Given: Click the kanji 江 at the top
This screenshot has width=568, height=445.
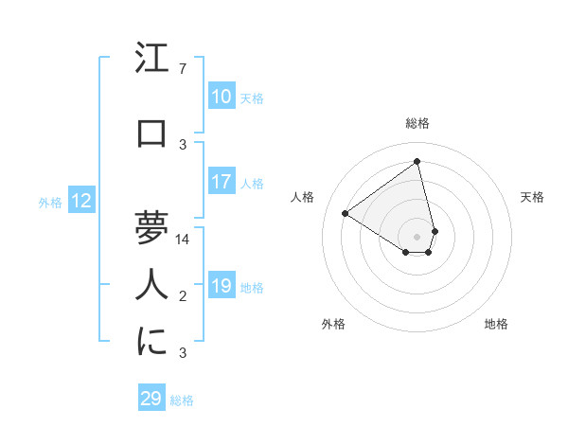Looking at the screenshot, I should tap(151, 60).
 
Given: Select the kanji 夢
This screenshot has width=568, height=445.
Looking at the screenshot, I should tap(151, 228).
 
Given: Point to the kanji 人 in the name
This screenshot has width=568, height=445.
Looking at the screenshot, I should tap(151, 285).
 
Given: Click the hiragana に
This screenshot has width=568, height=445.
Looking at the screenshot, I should tap(151, 342).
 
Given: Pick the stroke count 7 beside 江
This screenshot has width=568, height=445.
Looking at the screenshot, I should tap(183, 69).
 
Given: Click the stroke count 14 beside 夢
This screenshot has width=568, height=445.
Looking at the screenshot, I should tap(184, 240).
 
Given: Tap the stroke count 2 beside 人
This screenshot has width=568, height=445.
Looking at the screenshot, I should tap(183, 296).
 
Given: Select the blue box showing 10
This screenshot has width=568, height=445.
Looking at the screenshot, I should tap(222, 97).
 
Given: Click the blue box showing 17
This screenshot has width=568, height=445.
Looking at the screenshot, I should tap(222, 182).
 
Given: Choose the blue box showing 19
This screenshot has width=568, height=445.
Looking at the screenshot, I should tap(222, 286).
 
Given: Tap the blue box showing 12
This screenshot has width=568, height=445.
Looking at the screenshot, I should tap(81, 201).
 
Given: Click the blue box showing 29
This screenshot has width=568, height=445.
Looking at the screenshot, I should tap(151, 399).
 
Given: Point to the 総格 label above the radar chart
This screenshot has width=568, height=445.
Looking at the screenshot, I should tap(417, 123).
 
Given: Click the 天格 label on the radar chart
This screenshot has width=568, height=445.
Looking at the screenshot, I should tap(532, 197).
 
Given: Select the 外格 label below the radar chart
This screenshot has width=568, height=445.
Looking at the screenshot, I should tap(333, 324).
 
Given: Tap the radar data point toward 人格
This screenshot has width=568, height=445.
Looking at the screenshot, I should tap(346, 213).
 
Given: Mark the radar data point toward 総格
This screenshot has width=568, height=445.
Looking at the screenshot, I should tap(417, 162).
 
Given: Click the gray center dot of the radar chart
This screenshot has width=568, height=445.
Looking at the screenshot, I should tap(417, 235).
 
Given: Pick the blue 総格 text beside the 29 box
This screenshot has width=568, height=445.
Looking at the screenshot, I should tap(183, 400).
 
